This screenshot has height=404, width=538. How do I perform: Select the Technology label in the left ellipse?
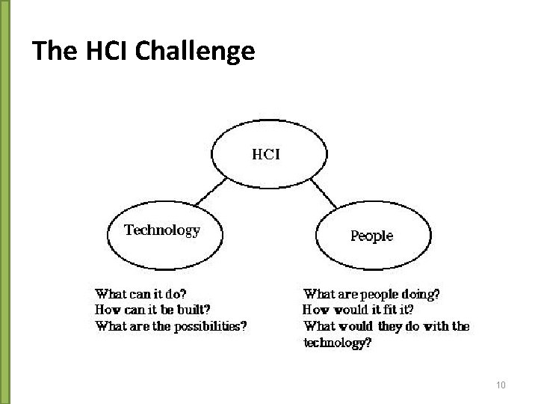tap(162, 230)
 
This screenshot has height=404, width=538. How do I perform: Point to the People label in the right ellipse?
tap(371, 236)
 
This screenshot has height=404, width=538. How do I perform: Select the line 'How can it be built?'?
tap(152, 310)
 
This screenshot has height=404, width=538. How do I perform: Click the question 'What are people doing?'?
tap(371, 294)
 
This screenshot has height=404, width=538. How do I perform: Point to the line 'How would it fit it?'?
tap(359, 310)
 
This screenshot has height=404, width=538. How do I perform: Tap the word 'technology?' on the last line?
tap(337, 343)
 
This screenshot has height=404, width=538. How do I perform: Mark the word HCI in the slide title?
tap(99, 51)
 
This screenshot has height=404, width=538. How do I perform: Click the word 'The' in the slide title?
tap(52, 51)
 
